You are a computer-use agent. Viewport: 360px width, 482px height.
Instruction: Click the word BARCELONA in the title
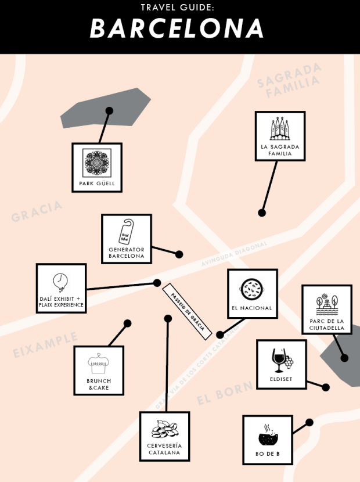tap(177, 28)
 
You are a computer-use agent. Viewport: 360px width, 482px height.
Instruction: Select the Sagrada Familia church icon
tap(280, 130)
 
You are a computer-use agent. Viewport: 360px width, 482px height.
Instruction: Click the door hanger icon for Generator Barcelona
tap(126, 232)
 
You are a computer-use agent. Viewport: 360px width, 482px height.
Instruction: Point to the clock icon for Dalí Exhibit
tap(60, 282)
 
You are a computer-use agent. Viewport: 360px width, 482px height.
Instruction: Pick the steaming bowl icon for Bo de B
tap(268, 436)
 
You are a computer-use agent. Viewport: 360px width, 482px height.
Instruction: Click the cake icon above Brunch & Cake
tap(99, 364)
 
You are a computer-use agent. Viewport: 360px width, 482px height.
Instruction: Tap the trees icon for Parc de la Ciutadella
tap(327, 304)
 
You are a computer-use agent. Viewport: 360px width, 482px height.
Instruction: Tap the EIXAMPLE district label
tap(45, 346)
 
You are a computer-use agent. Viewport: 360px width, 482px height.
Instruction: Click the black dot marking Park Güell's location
tap(109, 110)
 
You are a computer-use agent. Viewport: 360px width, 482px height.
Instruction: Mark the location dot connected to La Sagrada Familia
tap(262, 213)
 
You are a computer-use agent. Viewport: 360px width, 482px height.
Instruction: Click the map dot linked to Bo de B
tap(309, 422)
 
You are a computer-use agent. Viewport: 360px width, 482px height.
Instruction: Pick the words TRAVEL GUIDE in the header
tap(178, 8)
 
